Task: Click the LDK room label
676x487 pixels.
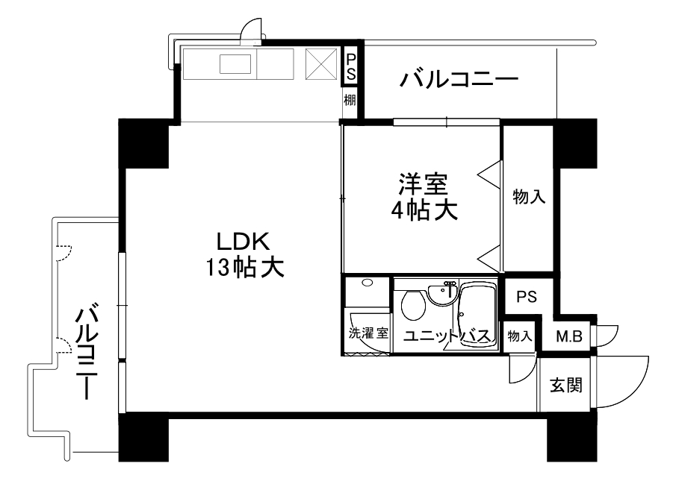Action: (x=244, y=242)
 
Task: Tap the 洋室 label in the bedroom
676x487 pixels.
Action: (x=423, y=184)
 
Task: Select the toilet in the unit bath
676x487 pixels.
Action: (x=413, y=304)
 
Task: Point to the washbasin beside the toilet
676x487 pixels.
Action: (x=443, y=293)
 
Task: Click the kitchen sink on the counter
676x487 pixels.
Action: (x=235, y=64)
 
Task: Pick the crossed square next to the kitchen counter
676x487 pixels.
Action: (x=321, y=63)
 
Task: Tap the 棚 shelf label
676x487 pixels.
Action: (x=350, y=100)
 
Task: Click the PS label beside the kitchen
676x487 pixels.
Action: (x=351, y=66)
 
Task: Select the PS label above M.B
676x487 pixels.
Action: (x=527, y=297)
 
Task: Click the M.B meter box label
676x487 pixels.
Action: (x=569, y=336)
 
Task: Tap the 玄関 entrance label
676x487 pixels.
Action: (x=565, y=385)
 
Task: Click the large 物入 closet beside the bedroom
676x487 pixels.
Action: (x=529, y=197)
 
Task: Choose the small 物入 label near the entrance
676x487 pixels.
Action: (x=519, y=336)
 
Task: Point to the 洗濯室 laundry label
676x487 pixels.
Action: (x=368, y=333)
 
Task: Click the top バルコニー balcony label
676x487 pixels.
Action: (x=459, y=79)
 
